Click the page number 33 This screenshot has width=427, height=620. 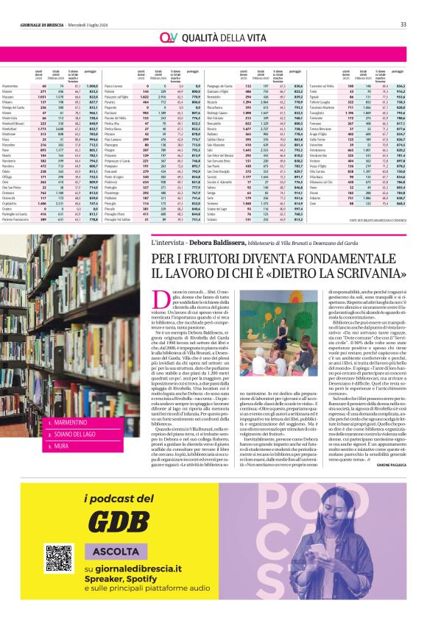413,5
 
